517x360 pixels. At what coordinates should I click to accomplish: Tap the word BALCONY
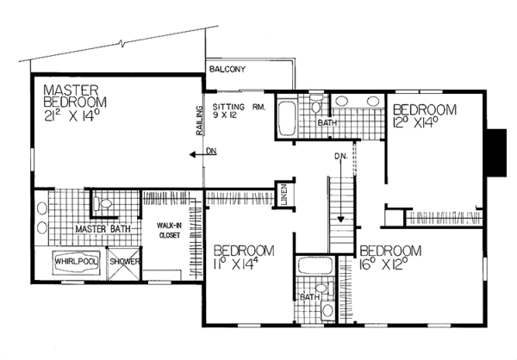click(x=226, y=70)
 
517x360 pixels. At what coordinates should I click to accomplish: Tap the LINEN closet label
click(x=283, y=195)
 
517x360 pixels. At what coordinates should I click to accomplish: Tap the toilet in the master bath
click(x=105, y=204)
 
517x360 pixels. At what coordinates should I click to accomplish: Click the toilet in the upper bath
click(x=316, y=106)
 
